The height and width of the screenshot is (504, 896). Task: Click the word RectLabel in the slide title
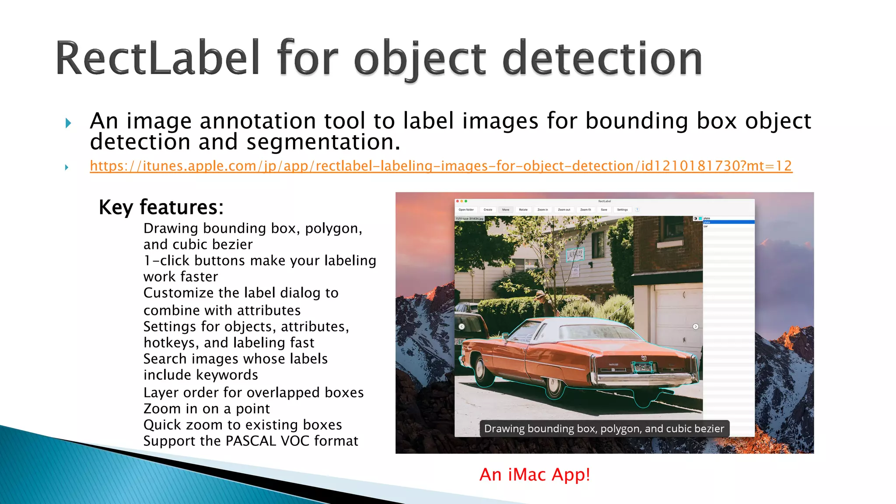pos(157,59)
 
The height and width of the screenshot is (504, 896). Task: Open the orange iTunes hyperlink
pos(441,166)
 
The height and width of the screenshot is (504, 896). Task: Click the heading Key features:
pos(161,207)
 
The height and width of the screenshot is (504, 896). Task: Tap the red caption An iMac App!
pos(535,475)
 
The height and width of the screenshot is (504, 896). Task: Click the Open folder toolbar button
pos(466,210)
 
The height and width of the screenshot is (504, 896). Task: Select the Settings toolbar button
pos(622,210)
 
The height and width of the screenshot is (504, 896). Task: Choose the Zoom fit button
pos(585,210)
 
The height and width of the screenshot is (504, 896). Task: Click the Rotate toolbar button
pos(523,210)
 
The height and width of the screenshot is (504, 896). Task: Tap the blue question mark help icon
pos(637,210)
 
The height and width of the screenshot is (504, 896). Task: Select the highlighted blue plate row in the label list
pos(728,222)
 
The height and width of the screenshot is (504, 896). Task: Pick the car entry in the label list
pos(706,226)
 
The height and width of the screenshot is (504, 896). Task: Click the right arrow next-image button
pos(696,326)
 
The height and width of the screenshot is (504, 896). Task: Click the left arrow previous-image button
pos(462,326)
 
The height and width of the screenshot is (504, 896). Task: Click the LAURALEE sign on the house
pos(575,254)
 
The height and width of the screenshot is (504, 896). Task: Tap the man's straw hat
pos(541,294)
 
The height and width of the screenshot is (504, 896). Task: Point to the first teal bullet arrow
pos(68,123)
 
